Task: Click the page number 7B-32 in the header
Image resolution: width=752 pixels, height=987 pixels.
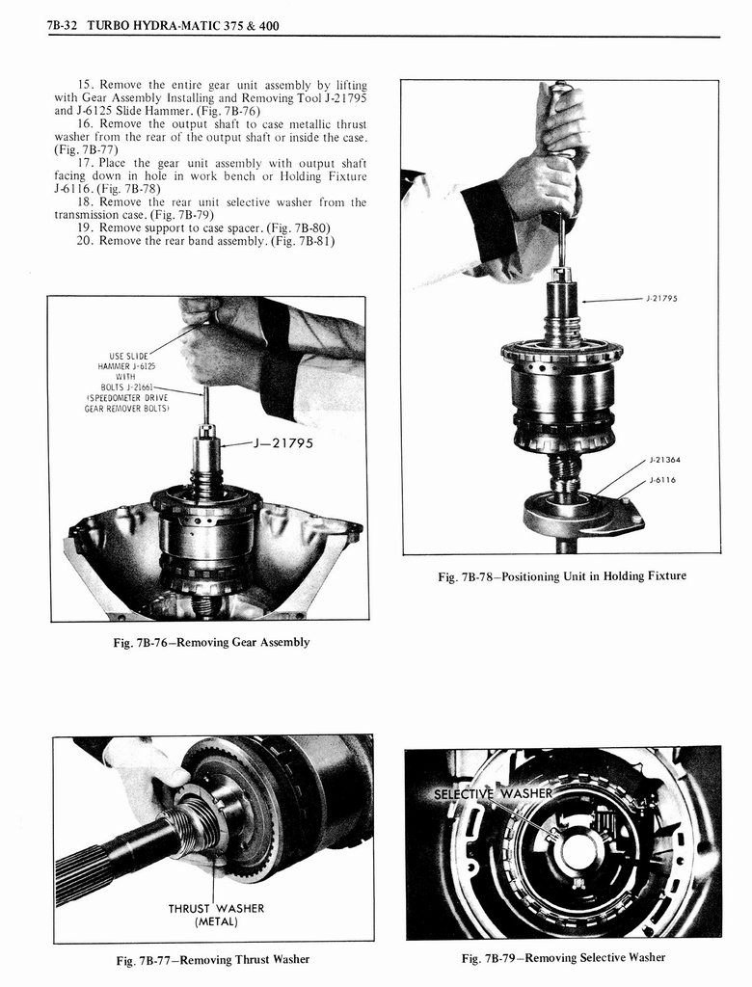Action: (63, 26)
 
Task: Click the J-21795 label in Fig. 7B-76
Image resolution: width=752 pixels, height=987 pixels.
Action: (287, 442)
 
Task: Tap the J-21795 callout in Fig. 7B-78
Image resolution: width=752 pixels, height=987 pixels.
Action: (661, 299)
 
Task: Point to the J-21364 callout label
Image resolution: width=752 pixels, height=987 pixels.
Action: (665, 459)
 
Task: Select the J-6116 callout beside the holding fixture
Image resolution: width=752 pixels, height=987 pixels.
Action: (664, 479)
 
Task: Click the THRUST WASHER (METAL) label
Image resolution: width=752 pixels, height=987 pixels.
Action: (216, 914)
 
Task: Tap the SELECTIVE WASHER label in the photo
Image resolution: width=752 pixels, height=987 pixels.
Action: (493, 794)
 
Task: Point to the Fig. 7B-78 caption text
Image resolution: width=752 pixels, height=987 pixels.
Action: (562, 576)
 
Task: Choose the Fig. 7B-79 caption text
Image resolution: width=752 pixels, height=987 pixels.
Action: (563, 957)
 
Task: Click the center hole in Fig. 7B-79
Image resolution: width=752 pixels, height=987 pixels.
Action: (577, 850)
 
